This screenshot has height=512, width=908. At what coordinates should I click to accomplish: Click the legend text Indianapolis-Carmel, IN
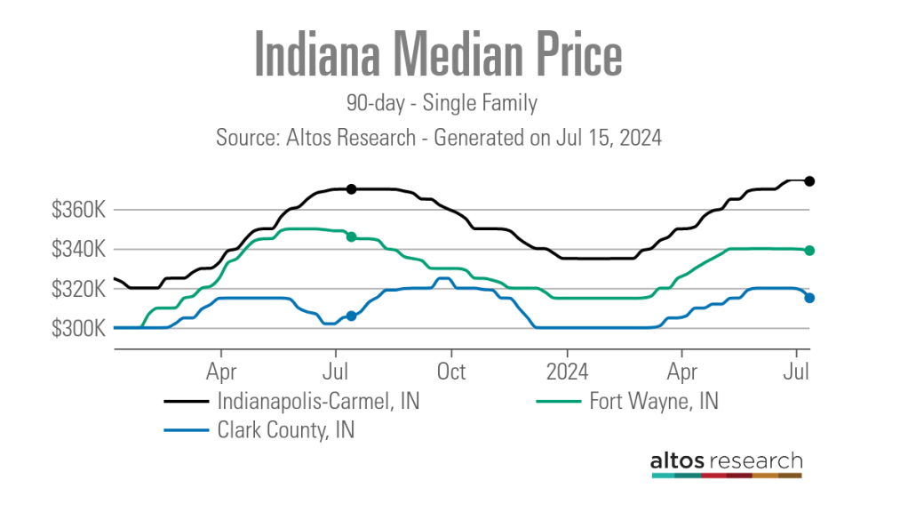[x=318, y=402]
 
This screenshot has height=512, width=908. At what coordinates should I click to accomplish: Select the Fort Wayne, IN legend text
[x=653, y=402]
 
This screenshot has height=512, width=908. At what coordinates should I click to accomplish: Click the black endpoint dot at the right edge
[x=809, y=181]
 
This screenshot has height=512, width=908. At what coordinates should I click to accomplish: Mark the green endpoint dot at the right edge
[x=809, y=251]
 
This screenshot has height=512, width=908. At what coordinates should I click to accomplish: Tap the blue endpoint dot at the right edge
[x=809, y=298]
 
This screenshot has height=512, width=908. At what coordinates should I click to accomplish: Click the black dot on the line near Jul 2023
[x=351, y=188]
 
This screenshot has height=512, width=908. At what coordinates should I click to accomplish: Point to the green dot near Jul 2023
[x=351, y=236]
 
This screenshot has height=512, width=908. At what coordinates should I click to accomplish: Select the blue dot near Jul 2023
[x=351, y=316]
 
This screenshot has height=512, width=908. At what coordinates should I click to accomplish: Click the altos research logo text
[x=726, y=461]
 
